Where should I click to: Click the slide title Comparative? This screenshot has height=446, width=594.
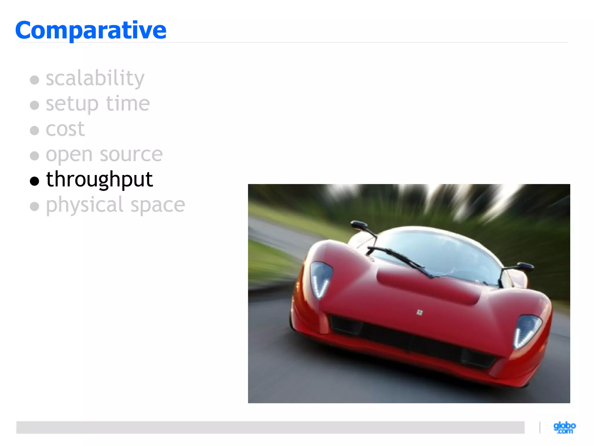click(x=91, y=30)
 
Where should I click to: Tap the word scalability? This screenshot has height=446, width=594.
click(x=95, y=78)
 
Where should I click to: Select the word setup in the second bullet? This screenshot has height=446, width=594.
click(x=72, y=104)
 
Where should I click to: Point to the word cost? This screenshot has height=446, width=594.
click(x=65, y=129)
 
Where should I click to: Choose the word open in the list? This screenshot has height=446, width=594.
click(x=69, y=155)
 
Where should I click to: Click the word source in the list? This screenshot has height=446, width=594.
click(x=131, y=154)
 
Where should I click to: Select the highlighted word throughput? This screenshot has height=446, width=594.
click(x=99, y=180)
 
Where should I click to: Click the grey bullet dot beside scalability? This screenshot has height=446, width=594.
click(x=35, y=80)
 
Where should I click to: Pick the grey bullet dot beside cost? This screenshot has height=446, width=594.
click(x=35, y=130)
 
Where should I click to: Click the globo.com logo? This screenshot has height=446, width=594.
click(x=564, y=427)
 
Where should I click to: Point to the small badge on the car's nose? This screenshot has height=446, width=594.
click(x=419, y=312)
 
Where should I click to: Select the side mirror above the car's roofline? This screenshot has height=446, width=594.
click(x=359, y=224)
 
